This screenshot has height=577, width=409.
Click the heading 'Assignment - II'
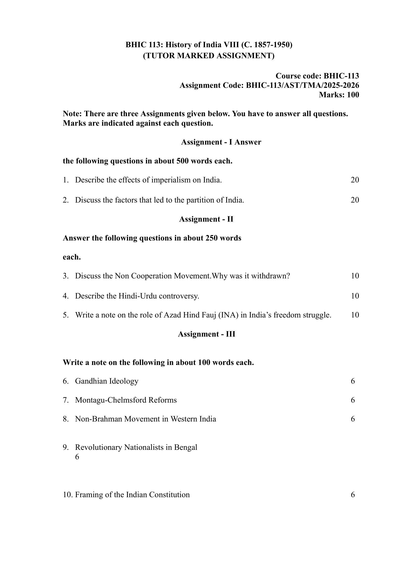click(206, 219)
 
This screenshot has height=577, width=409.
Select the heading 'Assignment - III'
click(206, 334)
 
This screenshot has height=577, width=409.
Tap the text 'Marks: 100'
click(339, 95)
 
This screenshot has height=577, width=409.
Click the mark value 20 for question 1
click(355, 180)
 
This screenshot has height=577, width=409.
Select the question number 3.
click(65, 276)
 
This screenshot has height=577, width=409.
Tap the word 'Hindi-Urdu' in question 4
click(138, 296)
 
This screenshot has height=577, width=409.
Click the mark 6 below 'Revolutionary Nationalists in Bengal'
click(77, 457)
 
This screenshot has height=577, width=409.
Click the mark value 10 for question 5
click(355, 315)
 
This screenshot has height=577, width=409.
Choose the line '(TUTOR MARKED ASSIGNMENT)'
click(209, 56)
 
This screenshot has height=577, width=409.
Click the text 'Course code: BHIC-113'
click(317, 76)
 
